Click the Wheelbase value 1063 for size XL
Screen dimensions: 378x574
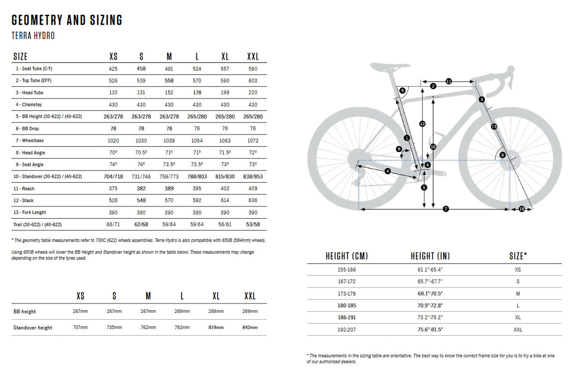click(225, 141)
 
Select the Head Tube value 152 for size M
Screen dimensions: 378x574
click(169, 92)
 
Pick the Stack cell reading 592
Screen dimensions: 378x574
click(197, 201)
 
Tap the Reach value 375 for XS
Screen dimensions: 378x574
click(113, 189)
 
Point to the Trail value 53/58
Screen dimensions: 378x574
click(252, 224)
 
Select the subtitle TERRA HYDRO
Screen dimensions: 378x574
click(33, 36)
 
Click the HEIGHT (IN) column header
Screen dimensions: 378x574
click(430, 256)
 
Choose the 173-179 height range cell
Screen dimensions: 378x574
click(346, 294)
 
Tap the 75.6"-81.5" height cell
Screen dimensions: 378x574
click(430, 330)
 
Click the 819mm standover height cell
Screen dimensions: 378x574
click(216, 328)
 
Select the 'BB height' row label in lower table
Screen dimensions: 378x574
click(25, 312)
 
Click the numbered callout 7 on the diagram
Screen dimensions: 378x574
click(445, 209)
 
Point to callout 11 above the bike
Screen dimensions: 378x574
click(448, 81)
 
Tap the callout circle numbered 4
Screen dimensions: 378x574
click(387, 171)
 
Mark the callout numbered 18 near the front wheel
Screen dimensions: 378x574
click(521, 209)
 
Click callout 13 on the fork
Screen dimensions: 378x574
click(494, 127)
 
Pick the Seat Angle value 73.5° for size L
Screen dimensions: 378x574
click(197, 165)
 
